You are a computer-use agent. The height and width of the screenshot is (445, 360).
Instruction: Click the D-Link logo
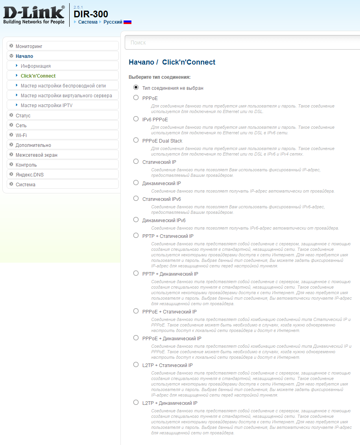coord(34,15)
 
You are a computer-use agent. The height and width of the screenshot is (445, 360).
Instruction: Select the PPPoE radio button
coord(136,98)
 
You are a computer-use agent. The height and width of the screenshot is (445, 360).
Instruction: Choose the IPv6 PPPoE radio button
coord(136,119)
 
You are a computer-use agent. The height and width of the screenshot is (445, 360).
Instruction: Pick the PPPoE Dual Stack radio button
coord(136,140)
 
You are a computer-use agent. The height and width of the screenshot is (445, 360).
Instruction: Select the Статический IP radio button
coord(136,161)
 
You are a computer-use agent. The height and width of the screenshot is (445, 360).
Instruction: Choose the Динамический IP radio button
coord(136,183)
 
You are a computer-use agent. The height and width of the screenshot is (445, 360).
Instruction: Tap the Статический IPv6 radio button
coord(136,198)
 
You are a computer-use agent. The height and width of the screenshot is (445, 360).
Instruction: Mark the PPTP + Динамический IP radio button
coord(136,273)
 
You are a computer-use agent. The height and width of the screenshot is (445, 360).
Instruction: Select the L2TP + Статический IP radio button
coord(136,365)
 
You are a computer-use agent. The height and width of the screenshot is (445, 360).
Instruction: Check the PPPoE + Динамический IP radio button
coord(136,338)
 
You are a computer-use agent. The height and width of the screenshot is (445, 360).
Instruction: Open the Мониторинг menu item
coord(29,46)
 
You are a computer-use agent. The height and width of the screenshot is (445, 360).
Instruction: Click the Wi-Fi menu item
coord(21,135)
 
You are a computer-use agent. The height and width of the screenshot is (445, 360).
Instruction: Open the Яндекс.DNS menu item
coord(30,175)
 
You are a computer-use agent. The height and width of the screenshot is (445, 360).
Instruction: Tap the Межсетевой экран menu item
coord(36,155)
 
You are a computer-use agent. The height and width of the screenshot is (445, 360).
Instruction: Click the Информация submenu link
coord(35,66)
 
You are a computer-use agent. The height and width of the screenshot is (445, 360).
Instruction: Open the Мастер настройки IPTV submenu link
coord(46,106)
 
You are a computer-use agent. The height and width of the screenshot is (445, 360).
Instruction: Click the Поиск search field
coord(242,43)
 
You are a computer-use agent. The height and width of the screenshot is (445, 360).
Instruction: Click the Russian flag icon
coord(127,22)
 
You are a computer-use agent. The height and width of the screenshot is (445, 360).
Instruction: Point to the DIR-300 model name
coord(91,14)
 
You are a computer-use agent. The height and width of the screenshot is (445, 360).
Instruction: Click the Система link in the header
coord(88,22)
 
